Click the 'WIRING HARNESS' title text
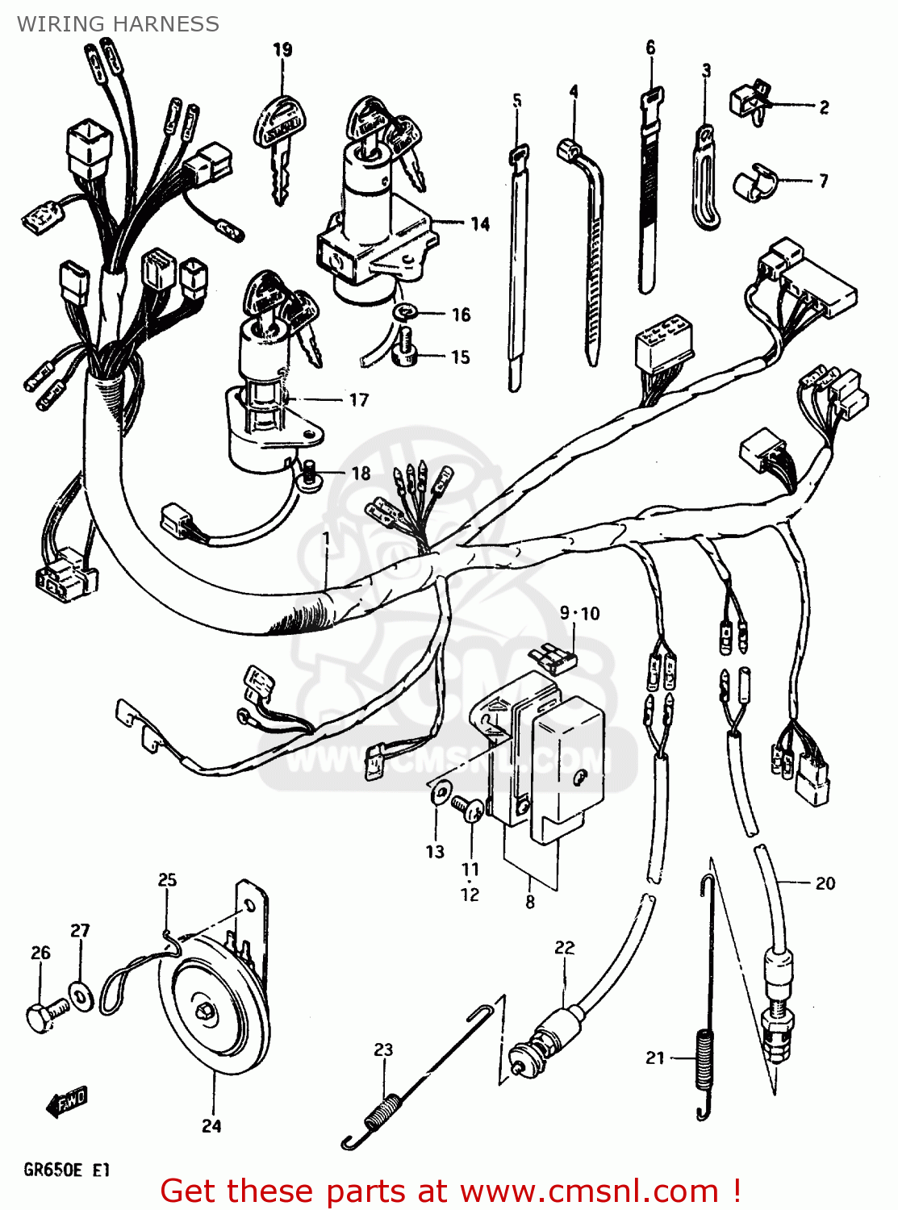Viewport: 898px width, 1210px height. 118,24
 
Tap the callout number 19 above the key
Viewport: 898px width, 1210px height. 282,50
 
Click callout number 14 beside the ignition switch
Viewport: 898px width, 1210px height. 480,223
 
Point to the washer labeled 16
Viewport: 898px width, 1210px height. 405,312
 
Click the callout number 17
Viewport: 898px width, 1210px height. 359,399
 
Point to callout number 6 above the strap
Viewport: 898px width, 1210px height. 651,48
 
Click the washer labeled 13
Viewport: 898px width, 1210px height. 440,792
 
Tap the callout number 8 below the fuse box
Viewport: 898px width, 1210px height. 530,902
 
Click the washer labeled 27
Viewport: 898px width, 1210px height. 81,995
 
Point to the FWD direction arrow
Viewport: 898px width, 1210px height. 67,1100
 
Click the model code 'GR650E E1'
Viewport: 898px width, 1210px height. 66,1170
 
